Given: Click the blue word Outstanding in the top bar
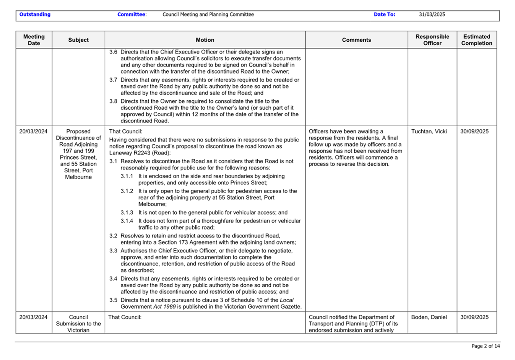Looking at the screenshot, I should point(35,15).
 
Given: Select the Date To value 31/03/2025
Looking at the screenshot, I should point(432,15).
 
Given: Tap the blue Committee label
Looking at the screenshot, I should point(131,15).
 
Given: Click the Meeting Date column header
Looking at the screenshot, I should point(34,40).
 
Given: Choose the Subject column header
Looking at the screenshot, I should point(78,40).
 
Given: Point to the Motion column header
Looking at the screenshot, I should point(205,40).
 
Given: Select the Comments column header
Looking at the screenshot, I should point(356,40).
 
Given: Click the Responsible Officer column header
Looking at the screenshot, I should point(432,40).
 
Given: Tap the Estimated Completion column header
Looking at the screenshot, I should point(476,40).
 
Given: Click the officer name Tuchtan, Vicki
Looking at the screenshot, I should point(429,131).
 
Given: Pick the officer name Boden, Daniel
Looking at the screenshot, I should point(429,317).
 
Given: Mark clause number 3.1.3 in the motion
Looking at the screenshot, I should point(127,213).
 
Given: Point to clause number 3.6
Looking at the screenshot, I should point(113,52).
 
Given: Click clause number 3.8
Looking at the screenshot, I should point(113,101).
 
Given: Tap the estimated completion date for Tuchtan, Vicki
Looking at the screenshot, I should point(474,131).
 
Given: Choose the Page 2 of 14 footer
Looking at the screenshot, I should point(486,346).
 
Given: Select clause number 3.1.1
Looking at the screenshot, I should point(127,176).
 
